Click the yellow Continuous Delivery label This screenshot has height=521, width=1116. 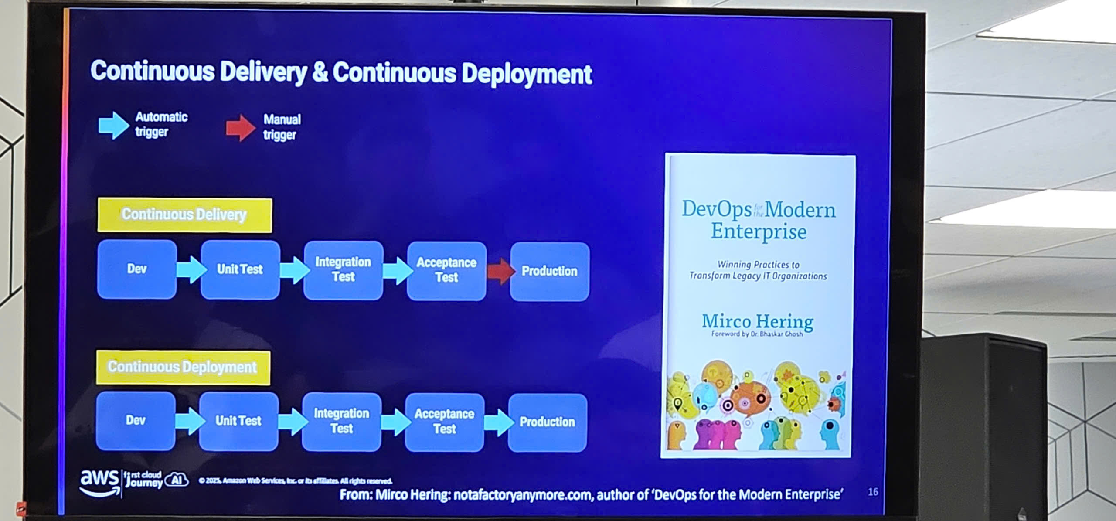point(185,215)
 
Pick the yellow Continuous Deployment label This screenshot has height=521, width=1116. point(183,367)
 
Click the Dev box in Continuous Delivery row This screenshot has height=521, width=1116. point(137,269)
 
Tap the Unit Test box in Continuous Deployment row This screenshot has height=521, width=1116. point(238,421)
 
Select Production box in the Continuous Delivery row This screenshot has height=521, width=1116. point(549,272)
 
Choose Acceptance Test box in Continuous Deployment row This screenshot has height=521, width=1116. point(444,422)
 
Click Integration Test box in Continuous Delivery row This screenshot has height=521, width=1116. point(343,270)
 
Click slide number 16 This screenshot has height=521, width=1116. point(873,492)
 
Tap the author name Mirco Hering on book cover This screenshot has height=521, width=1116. point(758,322)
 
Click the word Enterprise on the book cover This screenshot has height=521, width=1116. point(759,232)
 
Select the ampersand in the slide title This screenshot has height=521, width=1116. point(320,72)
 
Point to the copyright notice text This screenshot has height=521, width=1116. point(295,481)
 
